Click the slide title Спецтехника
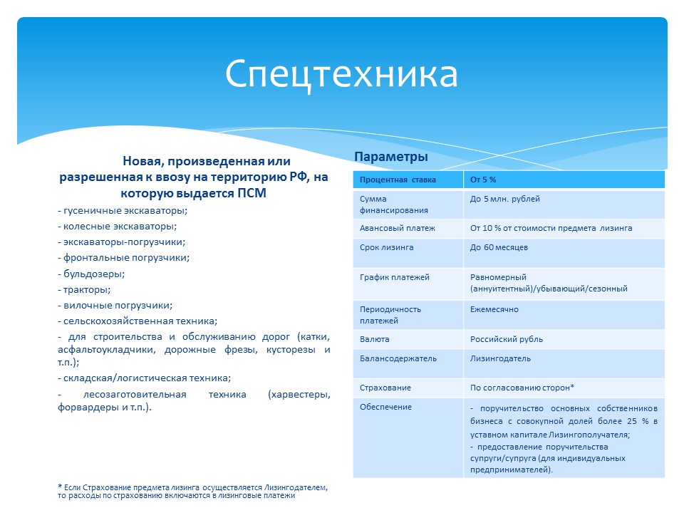tap(341, 75)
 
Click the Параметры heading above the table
tap(391, 157)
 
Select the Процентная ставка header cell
tap(398, 180)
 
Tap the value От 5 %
tap(483, 180)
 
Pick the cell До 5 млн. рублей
tap(504, 199)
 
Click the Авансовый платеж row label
tap(398, 228)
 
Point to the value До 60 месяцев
tap(499, 247)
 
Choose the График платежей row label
tap(394, 277)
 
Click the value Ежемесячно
tap(494, 309)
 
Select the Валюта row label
tap(374, 339)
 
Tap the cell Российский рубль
tap(506, 339)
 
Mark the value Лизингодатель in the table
tap(500, 358)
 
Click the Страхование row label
tap(385, 388)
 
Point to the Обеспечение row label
tap(385, 407)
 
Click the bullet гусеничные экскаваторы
tap(123, 211)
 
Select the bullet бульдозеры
tap(91, 274)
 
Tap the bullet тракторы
tap(84, 290)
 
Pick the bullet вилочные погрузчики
tap(115, 306)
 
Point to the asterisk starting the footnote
tap(60, 487)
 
